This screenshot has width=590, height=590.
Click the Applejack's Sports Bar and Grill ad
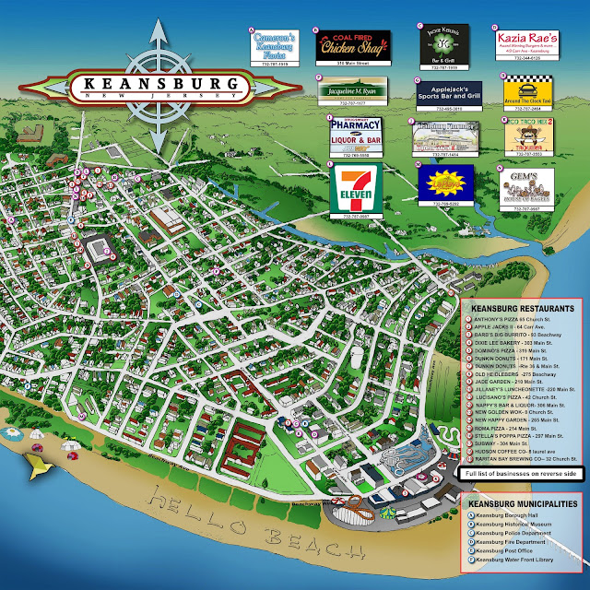point(452,93)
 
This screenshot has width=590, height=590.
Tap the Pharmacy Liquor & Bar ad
point(355,136)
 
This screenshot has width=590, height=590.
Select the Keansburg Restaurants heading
point(523,309)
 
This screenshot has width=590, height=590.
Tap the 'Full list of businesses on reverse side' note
point(521,473)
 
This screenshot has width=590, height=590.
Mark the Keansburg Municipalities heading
point(523,504)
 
